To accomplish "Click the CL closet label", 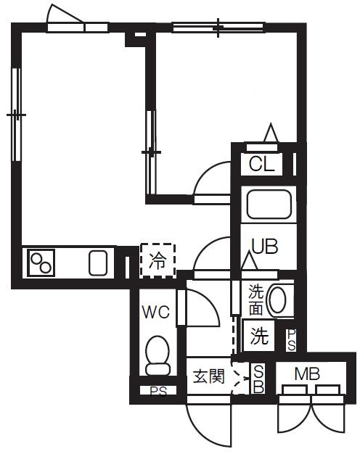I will coord(263,164).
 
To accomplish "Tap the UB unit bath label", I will coord(264,246).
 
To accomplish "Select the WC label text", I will coord(155,313).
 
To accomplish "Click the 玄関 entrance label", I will coord(208,376).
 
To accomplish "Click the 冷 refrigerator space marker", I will coord(157,259).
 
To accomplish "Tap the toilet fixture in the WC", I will coord(157,355).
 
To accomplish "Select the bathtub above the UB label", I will coord(269,204).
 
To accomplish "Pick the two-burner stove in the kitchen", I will coord(41,262).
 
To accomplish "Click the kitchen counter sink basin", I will coord(98,262).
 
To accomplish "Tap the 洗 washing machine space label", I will coord(258,336).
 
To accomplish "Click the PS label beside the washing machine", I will coord(291,339).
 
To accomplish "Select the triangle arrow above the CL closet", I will coord(271,134).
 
